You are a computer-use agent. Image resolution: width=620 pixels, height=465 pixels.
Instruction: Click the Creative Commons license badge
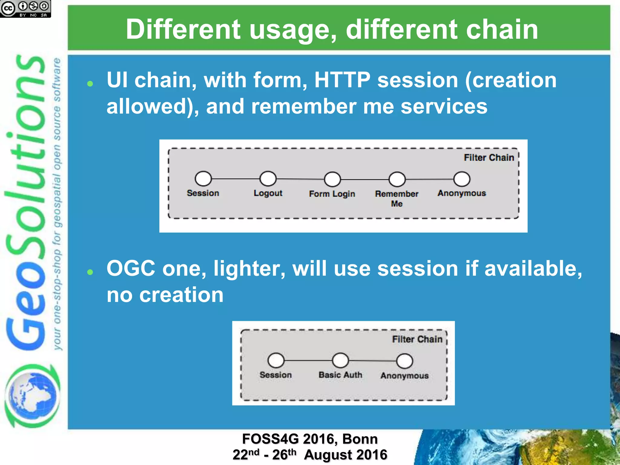click(25, 8)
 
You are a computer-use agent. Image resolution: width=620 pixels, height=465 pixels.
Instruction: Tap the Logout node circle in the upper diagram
click(268, 179)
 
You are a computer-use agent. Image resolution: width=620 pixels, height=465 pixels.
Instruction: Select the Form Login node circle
click(332, 179)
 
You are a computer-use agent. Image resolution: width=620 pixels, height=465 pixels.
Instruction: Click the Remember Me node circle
click(397, 179)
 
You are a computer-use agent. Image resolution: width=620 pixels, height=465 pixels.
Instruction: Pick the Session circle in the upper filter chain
click(203, 179)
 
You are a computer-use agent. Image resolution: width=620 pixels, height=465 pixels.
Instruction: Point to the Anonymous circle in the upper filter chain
click(462, 179)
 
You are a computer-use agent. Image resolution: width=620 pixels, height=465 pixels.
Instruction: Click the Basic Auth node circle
click(340, 360)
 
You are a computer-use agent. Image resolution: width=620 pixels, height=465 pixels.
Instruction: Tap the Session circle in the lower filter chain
click(276, 360)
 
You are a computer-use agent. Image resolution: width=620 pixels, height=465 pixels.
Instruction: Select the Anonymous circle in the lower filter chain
click(404, 361)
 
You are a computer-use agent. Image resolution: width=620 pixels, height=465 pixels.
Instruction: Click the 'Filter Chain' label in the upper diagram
click(489, 158)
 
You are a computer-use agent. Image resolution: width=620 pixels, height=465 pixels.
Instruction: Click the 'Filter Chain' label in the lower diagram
click(417, 339)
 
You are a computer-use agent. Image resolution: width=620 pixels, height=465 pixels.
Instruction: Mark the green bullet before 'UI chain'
click(90, 84)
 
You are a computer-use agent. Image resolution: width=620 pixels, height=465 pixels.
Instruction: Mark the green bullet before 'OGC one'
click(90, 272)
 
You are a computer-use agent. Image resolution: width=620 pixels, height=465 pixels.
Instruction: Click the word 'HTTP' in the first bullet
click(342, 80)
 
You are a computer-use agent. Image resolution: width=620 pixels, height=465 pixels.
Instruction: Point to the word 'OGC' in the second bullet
click(131, 269)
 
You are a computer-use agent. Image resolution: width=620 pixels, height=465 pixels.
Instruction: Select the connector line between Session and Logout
click(236, 179)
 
